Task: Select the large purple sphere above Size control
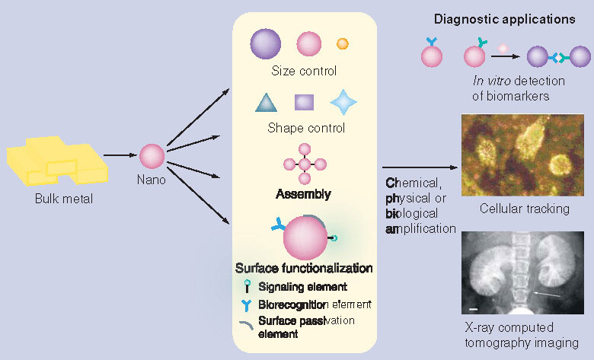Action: tap(266, 43)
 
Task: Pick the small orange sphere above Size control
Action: tap(343, 44)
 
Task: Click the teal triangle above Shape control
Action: tap(264, 103)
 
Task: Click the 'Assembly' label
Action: tap(303, 194)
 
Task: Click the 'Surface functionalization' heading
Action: tap(304, 268)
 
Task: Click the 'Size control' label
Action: tap(304, 72)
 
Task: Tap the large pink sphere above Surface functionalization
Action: tap(305, 239)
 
